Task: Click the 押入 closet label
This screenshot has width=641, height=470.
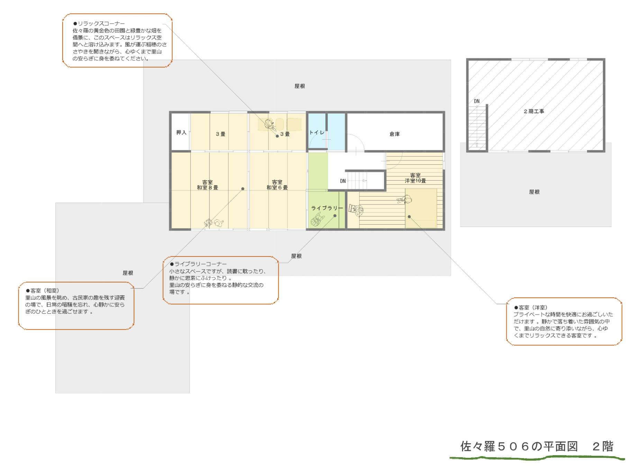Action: pyautogui.click(x=181, y=132)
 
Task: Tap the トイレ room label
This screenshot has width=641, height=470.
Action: pyautogui.click(x=317, y=133)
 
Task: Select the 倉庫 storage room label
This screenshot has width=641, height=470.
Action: pyautogui.click(x=395, y=134)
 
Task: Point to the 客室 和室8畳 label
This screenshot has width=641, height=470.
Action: pyautogui.click(x=208, y=185)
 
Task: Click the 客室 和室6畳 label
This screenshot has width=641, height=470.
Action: pyautogui.click(x=277, y=185)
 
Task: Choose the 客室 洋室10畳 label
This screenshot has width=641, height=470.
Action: pyautogui.click(x=415, y=178)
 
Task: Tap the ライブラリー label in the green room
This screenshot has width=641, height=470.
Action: pyautogui.click(x=327, y=208)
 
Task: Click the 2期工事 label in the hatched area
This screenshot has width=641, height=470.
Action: pyautogui.click(x=534, y=112)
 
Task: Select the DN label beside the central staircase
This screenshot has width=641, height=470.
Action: pyautogui.click(x=343, y=181)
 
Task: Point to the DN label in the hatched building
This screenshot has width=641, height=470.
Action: pyautogui.click(x=477, y=101)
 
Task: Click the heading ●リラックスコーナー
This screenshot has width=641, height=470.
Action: pyautogui.click(x=99, y=24)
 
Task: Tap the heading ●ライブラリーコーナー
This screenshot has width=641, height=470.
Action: pyautogui.click(x=198, y=264)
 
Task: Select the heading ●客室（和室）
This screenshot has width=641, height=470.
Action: pyautogui.click(x=42, y=290)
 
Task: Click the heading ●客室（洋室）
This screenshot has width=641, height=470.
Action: pyautogui.click(x=531, y=307)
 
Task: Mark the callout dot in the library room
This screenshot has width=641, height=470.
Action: pyautogui.click(x=335, y=216)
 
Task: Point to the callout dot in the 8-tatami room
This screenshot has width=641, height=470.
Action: pyautogui.click(x=243, y=189)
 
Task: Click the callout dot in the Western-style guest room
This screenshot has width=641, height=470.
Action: pyautogui.click(x=409, y=217)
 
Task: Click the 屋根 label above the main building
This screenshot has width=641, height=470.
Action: pyautogui.click(x=300, y=86)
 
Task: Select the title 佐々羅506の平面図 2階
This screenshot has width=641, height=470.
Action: pyautogui.click(x=537, y=446)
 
